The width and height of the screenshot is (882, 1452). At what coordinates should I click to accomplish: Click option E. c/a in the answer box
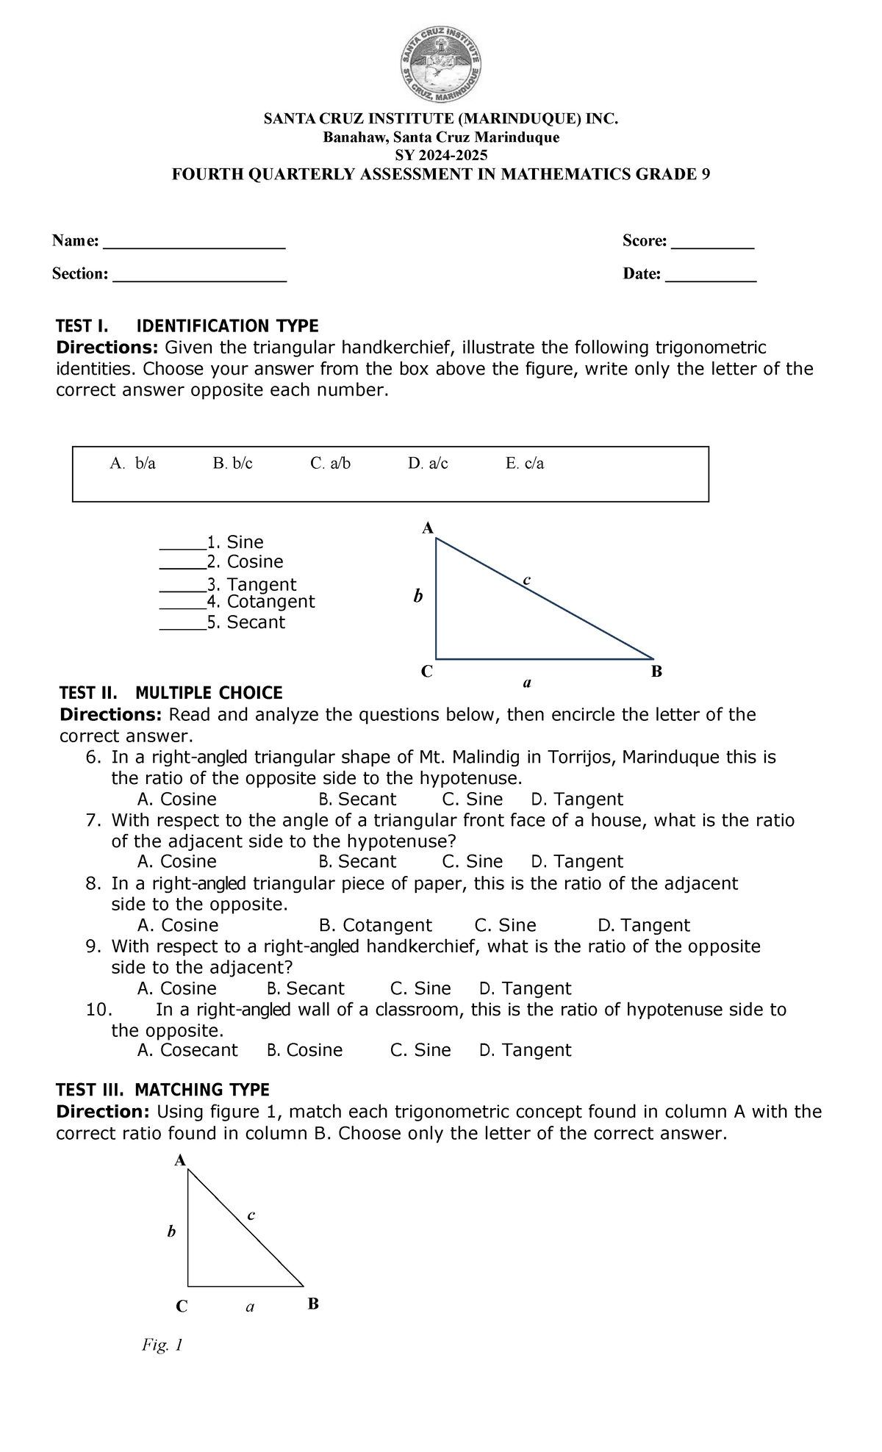(525, 464)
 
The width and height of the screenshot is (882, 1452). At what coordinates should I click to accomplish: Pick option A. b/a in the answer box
(133, 464)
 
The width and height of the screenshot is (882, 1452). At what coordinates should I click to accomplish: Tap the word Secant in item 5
(256, 622)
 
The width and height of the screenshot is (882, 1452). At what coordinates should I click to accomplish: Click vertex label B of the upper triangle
(657, 671)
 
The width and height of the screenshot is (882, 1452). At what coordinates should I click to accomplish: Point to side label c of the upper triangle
(526, 581)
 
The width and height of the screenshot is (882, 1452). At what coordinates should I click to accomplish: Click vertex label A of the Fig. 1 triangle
(179, 1160)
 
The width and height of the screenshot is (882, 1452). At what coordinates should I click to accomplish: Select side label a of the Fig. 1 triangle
(250, 1307)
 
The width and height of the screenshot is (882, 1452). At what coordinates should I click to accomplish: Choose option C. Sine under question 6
(473, 799)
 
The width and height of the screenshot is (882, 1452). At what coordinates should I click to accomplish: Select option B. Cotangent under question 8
(376, 925)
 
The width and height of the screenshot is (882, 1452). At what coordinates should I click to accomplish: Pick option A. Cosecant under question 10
(187, 1050)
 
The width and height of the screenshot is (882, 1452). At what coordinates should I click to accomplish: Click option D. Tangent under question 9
(525, 988)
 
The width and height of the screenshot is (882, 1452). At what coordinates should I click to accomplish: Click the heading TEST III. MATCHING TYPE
(163, 1090)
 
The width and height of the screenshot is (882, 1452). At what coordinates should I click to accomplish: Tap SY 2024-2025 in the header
(441, 156)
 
